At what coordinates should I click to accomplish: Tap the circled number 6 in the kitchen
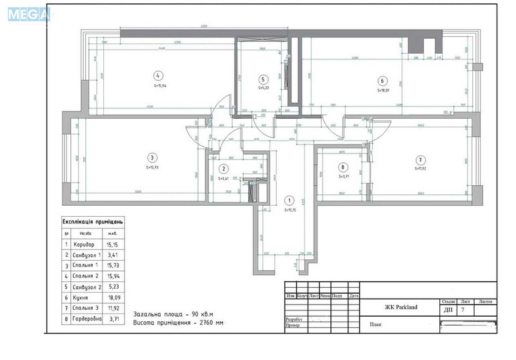(382, 81)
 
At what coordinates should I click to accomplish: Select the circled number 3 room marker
(152, 157)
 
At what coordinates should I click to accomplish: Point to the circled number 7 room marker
(420, 159)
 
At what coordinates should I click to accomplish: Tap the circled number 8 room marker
(343, 166)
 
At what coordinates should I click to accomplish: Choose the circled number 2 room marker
(223, 168)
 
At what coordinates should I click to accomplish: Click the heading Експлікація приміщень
(92, 222)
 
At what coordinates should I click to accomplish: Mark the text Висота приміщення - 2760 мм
(179, 321)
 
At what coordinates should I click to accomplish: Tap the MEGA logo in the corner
(28, 14)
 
